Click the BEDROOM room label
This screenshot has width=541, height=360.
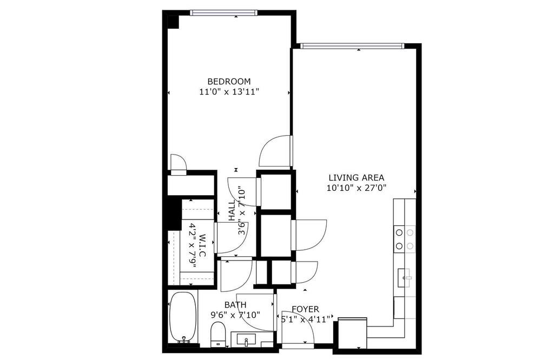(229, 82)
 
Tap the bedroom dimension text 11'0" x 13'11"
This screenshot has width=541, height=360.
(229, 92)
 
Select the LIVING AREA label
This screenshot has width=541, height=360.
(356, 178)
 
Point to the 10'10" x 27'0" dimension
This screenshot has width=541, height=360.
(356, 188)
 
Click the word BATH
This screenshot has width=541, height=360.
(235, 305)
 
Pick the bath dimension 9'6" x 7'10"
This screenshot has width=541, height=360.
(235, 315)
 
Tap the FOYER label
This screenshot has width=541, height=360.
(305, 309)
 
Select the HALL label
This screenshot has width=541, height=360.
(232, 210)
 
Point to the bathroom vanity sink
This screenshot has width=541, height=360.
(246, 339)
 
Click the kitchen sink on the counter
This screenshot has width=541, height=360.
(404, 278)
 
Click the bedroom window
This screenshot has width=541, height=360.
(224, 13)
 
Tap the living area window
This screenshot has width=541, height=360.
(352, 46)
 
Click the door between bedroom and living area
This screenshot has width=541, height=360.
(275, 151)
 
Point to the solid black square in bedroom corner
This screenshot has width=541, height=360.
(173, 22)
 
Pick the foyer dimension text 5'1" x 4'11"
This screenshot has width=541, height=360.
(305, 319)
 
